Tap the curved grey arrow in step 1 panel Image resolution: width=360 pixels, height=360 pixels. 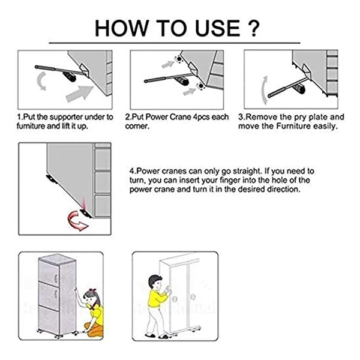[x=41, y=80]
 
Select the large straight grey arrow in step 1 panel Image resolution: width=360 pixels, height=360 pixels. [x=79, y=94]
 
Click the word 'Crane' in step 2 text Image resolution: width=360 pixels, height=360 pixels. [x=181, y=117]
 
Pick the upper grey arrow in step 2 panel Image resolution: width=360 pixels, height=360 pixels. [x=168, y=64]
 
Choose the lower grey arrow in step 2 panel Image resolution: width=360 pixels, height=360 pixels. [x=190, y=92]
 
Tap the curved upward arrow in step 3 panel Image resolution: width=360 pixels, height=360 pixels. [x=265, y=90]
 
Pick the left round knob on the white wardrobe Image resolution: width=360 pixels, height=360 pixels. [x=175, y=299]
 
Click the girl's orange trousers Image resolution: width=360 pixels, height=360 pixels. [x=94, y=329]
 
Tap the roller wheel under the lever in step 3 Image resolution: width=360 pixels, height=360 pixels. [x=300, y=88]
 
